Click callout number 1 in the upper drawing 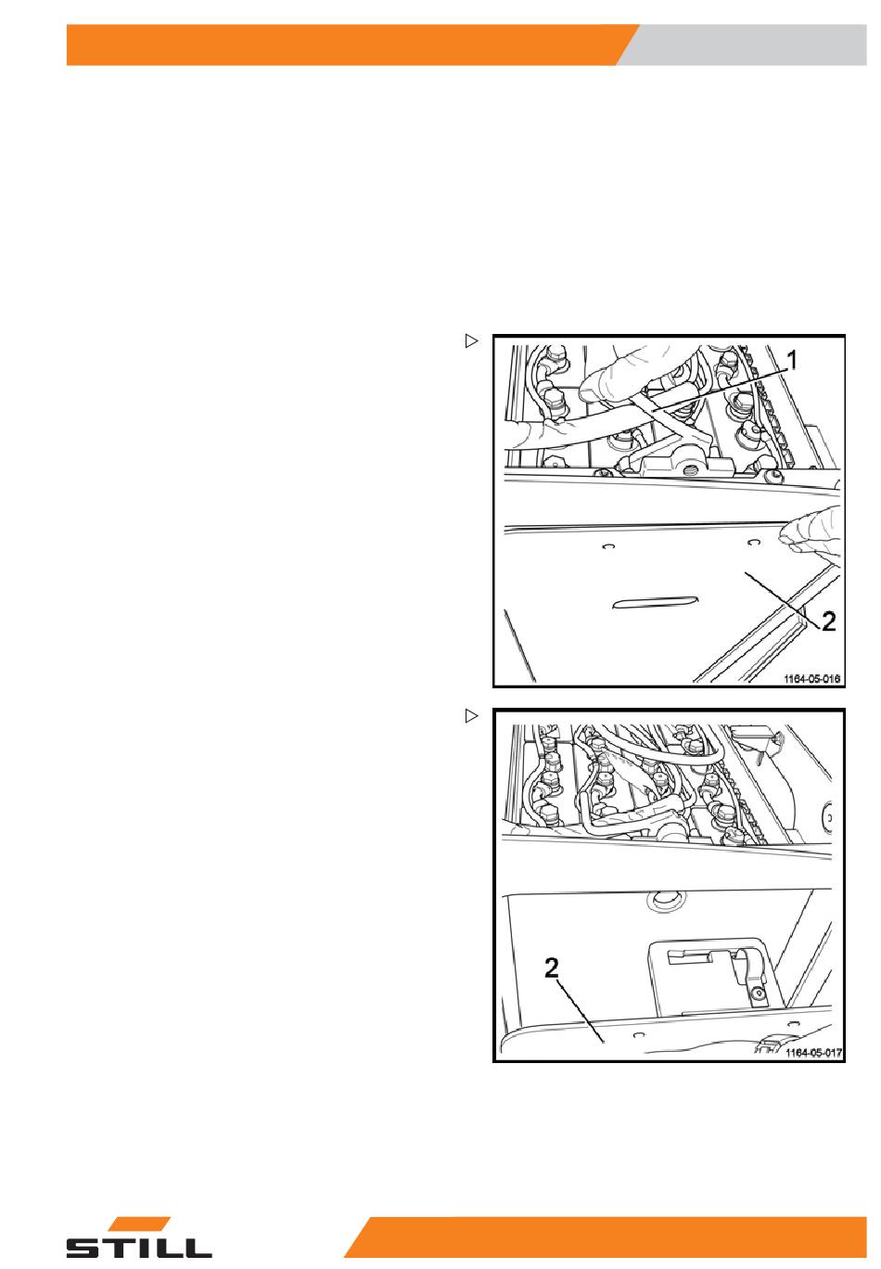(793, 360)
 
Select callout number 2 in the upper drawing (828, 622)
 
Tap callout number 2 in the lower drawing (552, 968)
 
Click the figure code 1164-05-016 (812, 679)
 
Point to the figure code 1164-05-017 (813, 1053)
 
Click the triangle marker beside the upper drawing (471, 341)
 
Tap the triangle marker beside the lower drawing (471, 717)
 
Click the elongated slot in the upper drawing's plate (655, 602)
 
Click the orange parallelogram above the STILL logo (139, 1224)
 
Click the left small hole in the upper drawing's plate (608, 547)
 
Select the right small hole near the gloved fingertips (753, 543)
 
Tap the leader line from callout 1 (719, 389)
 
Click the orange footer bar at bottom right (606, 1237)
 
